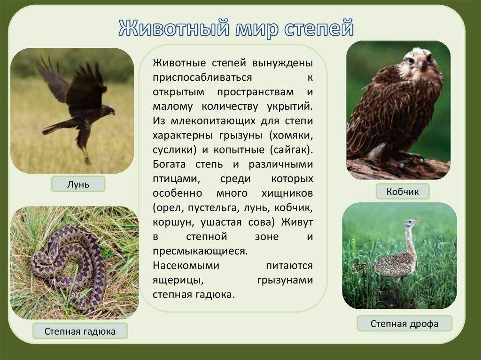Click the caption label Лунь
78,184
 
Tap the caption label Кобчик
403,191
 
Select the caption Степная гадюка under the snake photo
80,331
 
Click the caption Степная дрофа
404,323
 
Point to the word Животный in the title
174,28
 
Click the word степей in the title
319,28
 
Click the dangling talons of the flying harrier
87,160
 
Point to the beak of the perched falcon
421,65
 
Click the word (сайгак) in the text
291,150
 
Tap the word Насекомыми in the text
186,266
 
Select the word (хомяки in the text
289,135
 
